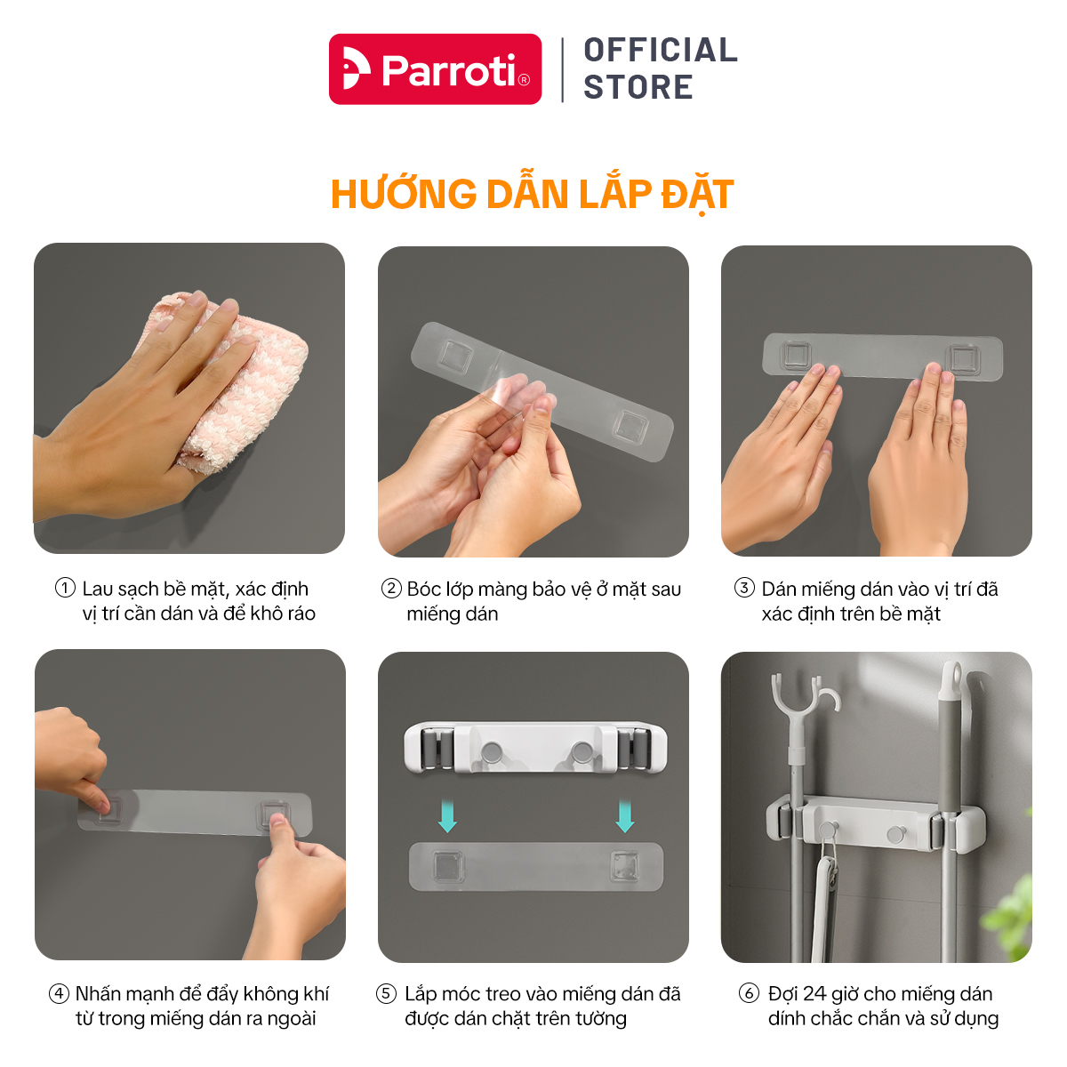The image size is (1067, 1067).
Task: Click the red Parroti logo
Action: pos(435,69)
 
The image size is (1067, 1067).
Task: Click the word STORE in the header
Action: pos(638,87)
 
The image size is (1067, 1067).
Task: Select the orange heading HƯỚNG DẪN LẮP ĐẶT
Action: pos(532,195)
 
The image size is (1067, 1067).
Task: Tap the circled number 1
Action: pos(65,588)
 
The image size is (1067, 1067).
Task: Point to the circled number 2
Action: pos(391,588)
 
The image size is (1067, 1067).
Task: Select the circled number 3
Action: pos(744,587)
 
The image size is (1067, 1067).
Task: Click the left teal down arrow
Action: pos(447,815)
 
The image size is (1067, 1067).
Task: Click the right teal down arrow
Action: pos(625,815)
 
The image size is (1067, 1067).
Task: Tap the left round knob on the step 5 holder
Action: pos(491,752)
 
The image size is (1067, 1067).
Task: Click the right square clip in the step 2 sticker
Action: pos(630,427)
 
